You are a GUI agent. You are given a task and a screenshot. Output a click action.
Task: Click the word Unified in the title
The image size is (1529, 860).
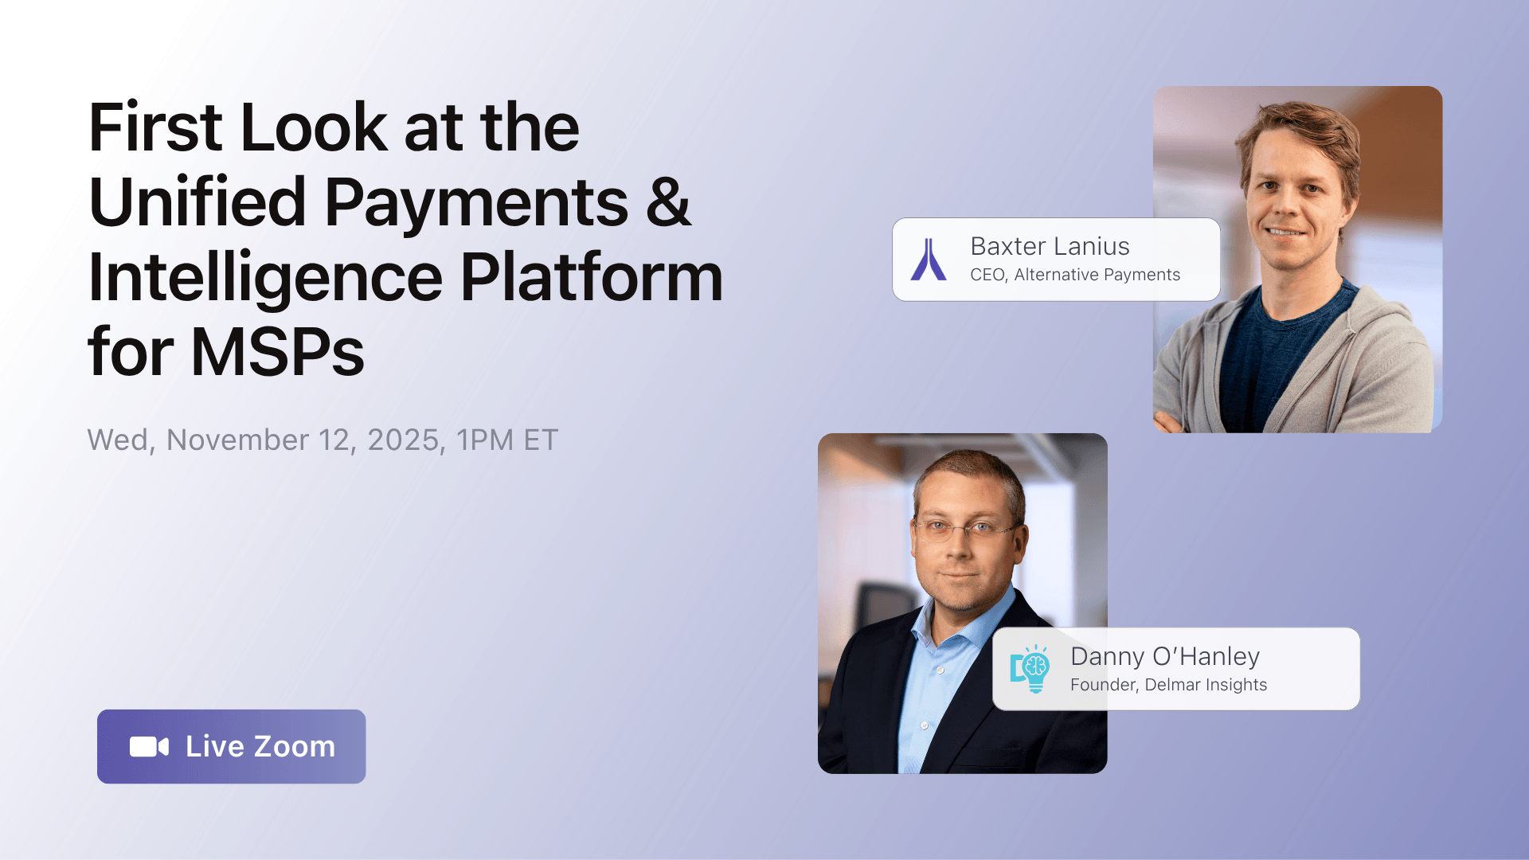197,201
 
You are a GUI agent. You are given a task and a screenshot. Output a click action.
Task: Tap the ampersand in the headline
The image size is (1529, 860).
667,201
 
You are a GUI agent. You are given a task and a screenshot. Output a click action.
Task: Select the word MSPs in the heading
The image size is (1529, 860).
278,351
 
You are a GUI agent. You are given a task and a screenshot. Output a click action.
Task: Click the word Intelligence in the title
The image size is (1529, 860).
265,276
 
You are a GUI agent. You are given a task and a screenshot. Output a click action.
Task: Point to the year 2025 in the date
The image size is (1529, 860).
403,440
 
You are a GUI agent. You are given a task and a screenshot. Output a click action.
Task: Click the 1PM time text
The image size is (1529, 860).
485,440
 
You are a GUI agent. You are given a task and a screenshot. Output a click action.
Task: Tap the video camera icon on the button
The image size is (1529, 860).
149,747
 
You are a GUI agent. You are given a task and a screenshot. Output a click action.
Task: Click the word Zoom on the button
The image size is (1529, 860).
295,747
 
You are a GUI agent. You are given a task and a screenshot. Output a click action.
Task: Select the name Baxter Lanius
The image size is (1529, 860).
1050,247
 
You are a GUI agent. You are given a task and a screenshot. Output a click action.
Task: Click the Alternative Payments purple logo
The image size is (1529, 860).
929,260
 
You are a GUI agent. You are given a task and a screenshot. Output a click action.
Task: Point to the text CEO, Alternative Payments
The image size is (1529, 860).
1075,275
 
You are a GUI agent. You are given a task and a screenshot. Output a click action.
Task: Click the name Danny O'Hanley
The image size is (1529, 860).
1165,657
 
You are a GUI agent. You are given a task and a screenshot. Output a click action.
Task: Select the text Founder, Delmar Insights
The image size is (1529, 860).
1168,685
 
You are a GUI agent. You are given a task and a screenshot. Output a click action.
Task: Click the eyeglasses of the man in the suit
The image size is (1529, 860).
965,529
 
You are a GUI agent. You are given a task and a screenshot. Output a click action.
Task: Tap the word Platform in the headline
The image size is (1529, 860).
592,276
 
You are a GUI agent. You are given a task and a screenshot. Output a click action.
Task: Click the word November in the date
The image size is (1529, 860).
237,440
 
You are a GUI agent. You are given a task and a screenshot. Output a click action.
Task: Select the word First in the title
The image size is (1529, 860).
155,127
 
